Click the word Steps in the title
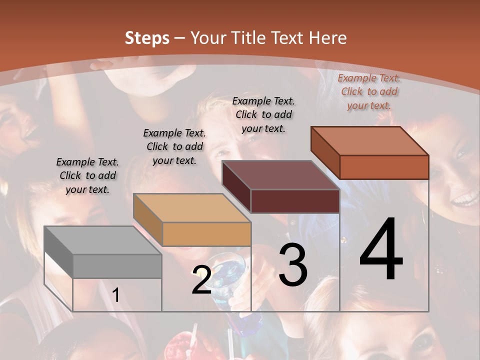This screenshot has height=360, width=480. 147,38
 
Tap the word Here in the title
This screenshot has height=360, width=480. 328,38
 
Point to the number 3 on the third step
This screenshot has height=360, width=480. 293,264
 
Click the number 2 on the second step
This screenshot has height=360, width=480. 201,280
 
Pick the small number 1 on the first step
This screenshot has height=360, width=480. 116,295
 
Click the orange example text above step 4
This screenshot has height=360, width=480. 369,91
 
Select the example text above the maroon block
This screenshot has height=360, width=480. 263,114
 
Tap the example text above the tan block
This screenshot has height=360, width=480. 174,146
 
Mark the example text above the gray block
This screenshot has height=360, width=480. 87,175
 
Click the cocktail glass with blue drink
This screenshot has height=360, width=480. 227,272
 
